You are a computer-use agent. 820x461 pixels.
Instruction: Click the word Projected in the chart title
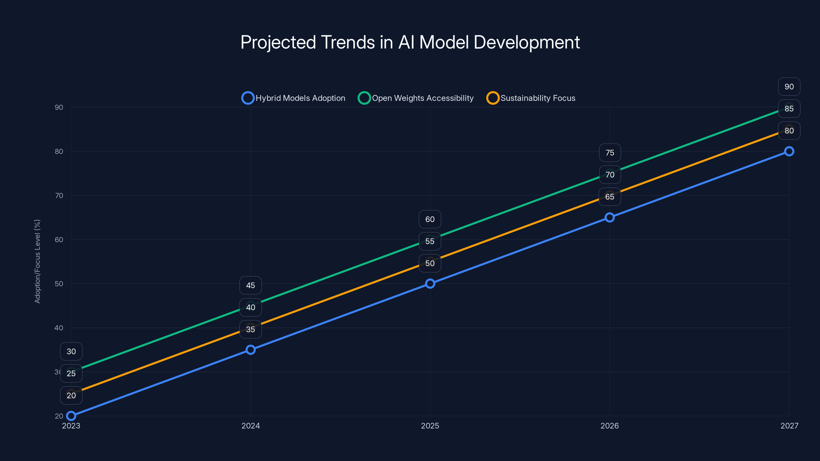(x=278, y=42)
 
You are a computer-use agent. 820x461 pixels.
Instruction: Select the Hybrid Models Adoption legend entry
(x=293, y=98)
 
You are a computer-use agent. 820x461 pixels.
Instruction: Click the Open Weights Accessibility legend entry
(x=416, y=98)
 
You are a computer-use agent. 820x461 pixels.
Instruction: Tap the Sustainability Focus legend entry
(x=531, y=98)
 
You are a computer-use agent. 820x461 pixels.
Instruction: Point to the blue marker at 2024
(x=251, y=350)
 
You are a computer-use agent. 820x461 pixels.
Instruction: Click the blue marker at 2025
(x=430, y=284)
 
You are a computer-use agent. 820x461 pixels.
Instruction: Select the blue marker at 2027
(x=789, y=151)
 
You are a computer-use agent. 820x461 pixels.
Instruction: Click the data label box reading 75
(x=610, y=153)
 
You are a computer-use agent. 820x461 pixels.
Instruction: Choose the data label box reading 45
(x=251, y=285)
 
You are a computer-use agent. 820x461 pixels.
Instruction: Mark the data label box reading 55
(x=430, y=241)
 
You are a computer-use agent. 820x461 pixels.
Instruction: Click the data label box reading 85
(x=789, y=109)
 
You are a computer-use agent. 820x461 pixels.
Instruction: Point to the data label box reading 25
(x=71, y=373)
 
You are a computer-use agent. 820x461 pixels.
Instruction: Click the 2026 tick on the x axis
(x=609, y=426)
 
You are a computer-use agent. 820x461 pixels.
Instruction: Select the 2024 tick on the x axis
(x=251, y=426)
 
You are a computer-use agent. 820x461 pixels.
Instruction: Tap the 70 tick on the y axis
(x=59, y=195)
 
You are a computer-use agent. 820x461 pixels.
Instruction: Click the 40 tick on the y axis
(x=59, y=328)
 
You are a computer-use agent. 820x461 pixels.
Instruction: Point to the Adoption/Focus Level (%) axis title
(x=37, y=261)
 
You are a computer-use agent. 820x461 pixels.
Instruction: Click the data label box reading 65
(x=610, y=197)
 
